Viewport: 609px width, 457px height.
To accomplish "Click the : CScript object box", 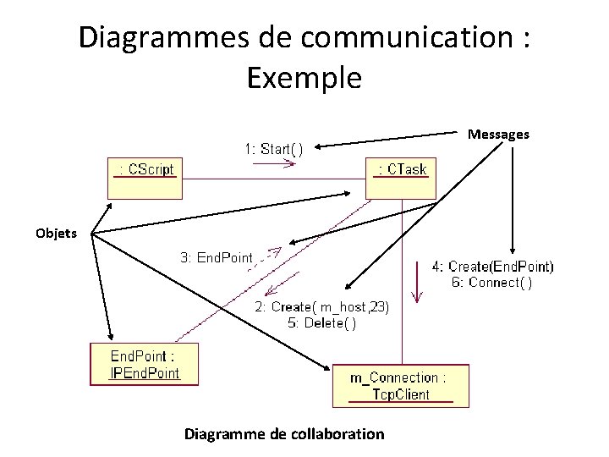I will click(145, 177).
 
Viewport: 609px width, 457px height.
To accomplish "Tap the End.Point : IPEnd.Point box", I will click(144, 363).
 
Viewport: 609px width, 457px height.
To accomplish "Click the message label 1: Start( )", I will click(274, 150).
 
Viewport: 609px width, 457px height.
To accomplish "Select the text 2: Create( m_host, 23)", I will click(322, 307).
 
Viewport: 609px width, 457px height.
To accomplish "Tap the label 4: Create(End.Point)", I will click(493, 267).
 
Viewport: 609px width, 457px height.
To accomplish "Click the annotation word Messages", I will click(498, 134).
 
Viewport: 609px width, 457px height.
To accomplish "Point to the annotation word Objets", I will click(56, 233).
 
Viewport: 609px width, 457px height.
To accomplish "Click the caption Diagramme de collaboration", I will click(284, 434).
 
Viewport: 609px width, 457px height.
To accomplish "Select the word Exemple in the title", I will click(304, 78).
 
